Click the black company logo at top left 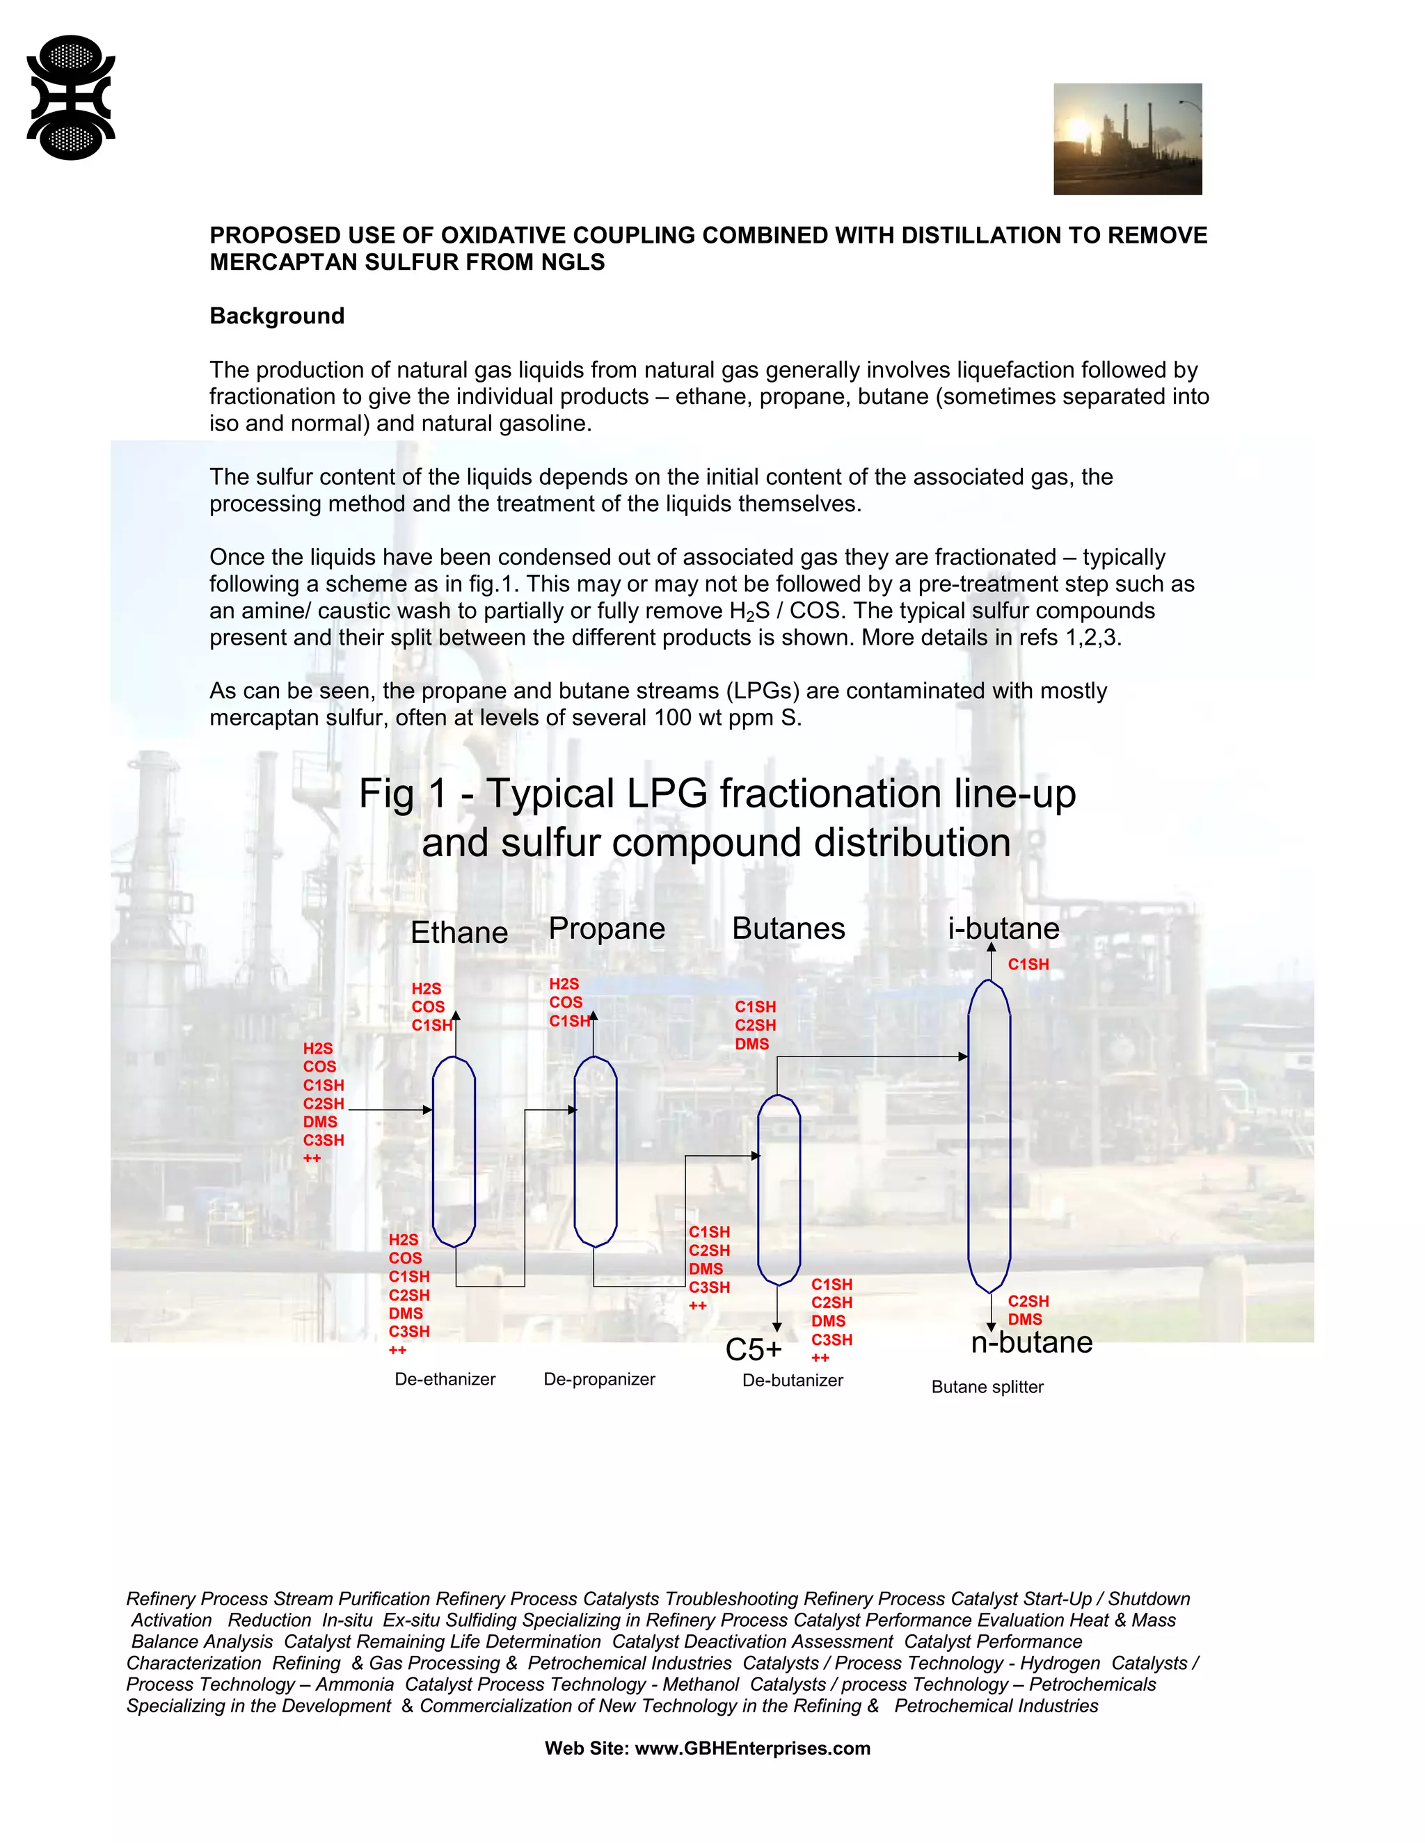pos(71,97)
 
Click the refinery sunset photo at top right pos(1127,139)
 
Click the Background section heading pos(277,316)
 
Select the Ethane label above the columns pos(459,933)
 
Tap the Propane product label pos(606,928)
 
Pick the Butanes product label pos(788,928)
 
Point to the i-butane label pos(1003,928)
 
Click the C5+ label pos(753,1349)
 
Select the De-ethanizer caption pos(445,1379)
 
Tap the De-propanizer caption pos(598,1379)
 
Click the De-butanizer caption pos(792,1381)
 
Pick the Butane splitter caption pos(987,1387)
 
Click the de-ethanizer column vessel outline pos(454,1152)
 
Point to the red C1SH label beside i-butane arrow pos(1028,965)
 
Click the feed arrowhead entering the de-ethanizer pos(427,1111)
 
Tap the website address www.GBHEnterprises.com pos(751,1748)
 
